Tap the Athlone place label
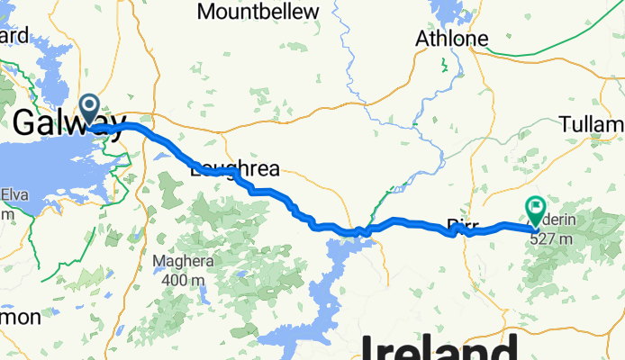pyautogui.click(x=451, y=39)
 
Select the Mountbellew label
pyautogui.click(x=258, y=11)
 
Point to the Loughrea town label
pyautogui.click(x=236, y=168)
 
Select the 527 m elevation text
pyautogui.click(x=552, y=239)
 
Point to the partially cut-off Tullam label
pyautogui.click(x=591, y=123)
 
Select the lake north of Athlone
pyautogui.click(x=444, y=12)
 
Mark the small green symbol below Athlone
pyautogui.click(x=442, y=64)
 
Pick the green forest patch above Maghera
pyautogui.click(x=171, y=193)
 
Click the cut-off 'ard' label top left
pyautogui.click(x=14, y=36)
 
